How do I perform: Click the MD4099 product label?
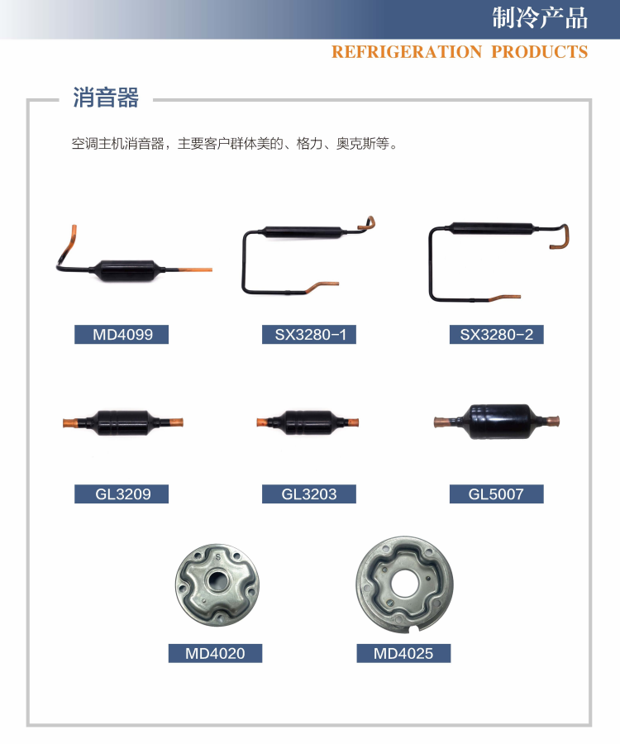122,335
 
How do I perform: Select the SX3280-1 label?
309,335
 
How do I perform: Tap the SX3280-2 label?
496,335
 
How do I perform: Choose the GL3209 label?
122,494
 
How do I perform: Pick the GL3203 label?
309,494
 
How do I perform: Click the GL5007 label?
496,494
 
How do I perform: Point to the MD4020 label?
215,653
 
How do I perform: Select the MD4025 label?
403,653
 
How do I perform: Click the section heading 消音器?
105,98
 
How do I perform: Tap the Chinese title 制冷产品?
540,19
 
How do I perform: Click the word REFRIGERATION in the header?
406,52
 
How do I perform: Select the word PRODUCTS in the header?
540,52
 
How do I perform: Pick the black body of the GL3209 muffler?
122,422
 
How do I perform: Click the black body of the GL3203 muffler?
308,422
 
